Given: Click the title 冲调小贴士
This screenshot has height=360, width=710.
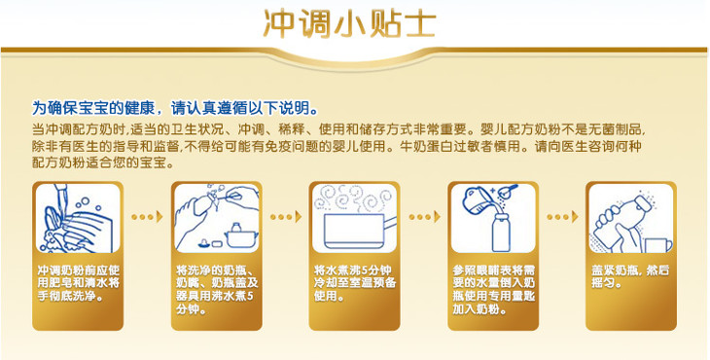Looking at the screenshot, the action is pyautogui.click(x=349, y=24).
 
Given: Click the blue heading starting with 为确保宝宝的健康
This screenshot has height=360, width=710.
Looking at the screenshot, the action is pyautogui.click(x=174, y=108).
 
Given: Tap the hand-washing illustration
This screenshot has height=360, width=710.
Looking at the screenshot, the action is pyautogui.click(x=78, y=218).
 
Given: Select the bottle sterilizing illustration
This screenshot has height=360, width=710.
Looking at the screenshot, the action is pyautogui.click(x=217, y=218).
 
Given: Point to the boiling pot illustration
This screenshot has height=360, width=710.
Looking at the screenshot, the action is pyautogui.click(x=355, y=218).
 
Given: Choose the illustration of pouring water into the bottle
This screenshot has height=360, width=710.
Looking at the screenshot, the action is pyautogui.click(x=493, y=218).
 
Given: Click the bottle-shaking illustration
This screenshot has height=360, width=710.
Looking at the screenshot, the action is pyautogui.click(x=631, y=218).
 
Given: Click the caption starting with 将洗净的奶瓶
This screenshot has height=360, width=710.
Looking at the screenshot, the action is pyautogui.click(x=217, y=290).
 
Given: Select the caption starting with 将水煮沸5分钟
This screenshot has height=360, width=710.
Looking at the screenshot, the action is pyautogui.click(x=355, y=283).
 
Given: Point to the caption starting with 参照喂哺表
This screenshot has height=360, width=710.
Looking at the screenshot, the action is pyautogui.click(x=493, y=290).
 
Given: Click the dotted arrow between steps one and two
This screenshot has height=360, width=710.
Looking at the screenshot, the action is pyautogui.click(x=147, y=217).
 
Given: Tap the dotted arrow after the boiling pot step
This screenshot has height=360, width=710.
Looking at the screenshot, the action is pyautogui.click(x=424, y=217).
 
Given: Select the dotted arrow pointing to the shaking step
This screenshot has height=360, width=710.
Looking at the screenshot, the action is pyautogui.click(x=562, y=217).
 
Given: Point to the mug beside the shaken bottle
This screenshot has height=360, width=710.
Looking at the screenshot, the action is pyautogui.click(x=658, y=245).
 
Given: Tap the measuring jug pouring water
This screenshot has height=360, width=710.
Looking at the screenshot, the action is pyautogui.click(x=476, y=199).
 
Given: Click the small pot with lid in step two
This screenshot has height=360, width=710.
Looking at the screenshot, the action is pyautogui.click(x=241, y=235).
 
